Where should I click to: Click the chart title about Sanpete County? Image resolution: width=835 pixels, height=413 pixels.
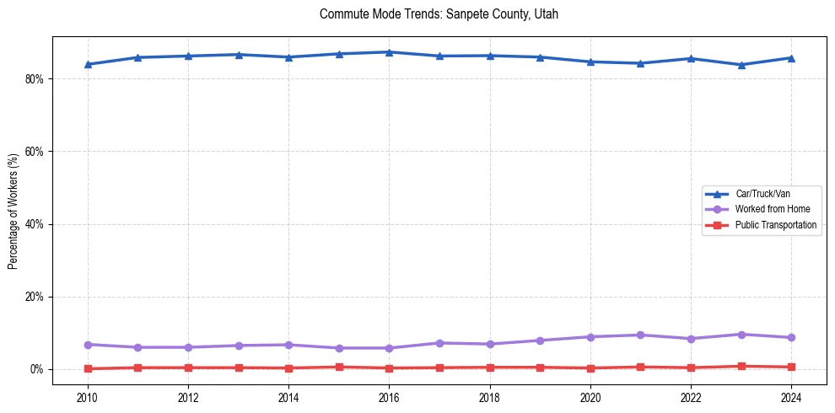click(439, 14)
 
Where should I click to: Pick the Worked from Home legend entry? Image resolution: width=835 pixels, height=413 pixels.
click(768, 209)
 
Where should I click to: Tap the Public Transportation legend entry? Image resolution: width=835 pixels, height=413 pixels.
click(775, 225)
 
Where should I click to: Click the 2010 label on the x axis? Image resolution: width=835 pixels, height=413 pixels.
click(88, 396)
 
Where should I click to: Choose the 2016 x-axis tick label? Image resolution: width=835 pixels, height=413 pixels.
click(389, 396)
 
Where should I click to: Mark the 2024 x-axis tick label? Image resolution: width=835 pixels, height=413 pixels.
click(791, 396)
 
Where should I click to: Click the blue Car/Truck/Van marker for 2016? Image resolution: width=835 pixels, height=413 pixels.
click(389, 52)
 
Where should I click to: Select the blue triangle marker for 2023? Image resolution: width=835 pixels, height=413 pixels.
click(741, 65)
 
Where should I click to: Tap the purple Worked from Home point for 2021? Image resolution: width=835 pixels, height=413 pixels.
click(640, 335)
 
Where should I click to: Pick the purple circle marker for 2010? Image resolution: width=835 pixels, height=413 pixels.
click(88, 345)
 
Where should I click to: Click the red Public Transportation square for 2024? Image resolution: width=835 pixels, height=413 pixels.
click(791, 367)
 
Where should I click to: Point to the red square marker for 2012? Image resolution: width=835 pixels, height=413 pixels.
click(188, 367)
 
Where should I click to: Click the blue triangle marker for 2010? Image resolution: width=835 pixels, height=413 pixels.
click(88, 64)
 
